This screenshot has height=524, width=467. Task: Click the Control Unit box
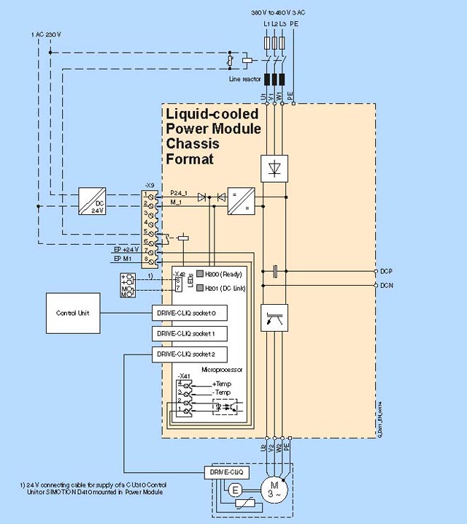72,313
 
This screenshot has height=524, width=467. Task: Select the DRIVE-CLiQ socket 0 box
187,313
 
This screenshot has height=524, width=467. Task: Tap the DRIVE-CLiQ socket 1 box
187,333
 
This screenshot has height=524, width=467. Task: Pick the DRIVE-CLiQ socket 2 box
187,354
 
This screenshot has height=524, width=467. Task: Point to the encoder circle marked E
234,491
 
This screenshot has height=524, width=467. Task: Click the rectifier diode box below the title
274,167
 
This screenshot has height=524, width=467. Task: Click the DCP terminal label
387,270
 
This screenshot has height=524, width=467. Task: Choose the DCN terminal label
387,285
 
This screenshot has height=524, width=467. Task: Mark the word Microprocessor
217,370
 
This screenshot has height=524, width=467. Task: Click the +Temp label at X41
221,384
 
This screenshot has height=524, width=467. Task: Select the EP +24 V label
126,249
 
